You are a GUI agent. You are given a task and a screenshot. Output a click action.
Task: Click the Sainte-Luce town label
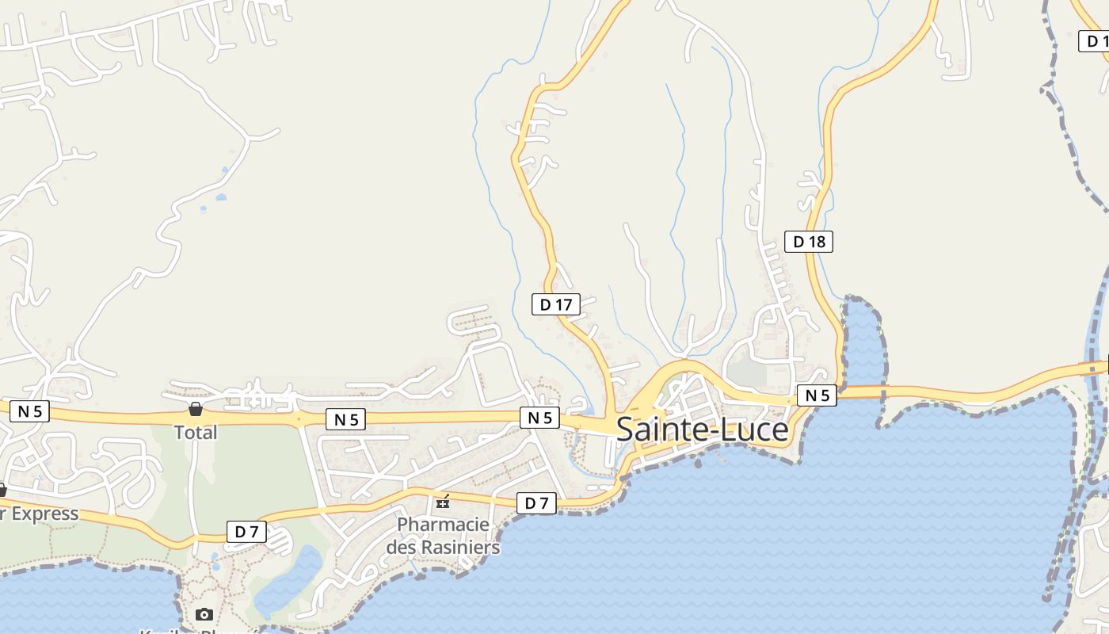click(702, 430)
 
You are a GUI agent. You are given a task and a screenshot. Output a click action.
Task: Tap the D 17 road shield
click(556, 304)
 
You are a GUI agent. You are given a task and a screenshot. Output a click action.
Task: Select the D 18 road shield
click(809, 242)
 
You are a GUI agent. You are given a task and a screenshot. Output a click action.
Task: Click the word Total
click(196, 433)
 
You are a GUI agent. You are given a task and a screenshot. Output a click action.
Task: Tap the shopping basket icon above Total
click(196, 409)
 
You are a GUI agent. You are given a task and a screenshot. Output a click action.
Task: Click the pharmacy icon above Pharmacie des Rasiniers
click(443, 501)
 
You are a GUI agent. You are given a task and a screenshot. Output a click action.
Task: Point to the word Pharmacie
click(443, 525)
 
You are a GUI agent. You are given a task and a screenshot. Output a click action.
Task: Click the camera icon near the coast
click(204, 614)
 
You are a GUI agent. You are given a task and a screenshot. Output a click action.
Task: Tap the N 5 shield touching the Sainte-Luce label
click(539, 418)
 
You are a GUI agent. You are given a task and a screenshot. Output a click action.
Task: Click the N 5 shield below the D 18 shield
click(817, 395)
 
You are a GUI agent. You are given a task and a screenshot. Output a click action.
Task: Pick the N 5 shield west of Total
click(29, 411)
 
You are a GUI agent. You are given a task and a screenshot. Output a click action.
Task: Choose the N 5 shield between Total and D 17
click(346, 419)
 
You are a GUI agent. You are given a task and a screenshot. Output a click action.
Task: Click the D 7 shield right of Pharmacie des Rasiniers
click(536, 502)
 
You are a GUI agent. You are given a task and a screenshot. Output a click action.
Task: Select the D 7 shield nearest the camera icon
click(246, 532)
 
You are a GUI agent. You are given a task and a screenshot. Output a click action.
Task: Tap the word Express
click(45, 514)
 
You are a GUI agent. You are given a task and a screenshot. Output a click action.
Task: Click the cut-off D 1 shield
click(1096, 41)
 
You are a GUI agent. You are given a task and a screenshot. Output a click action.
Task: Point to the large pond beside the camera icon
click(289, 582)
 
